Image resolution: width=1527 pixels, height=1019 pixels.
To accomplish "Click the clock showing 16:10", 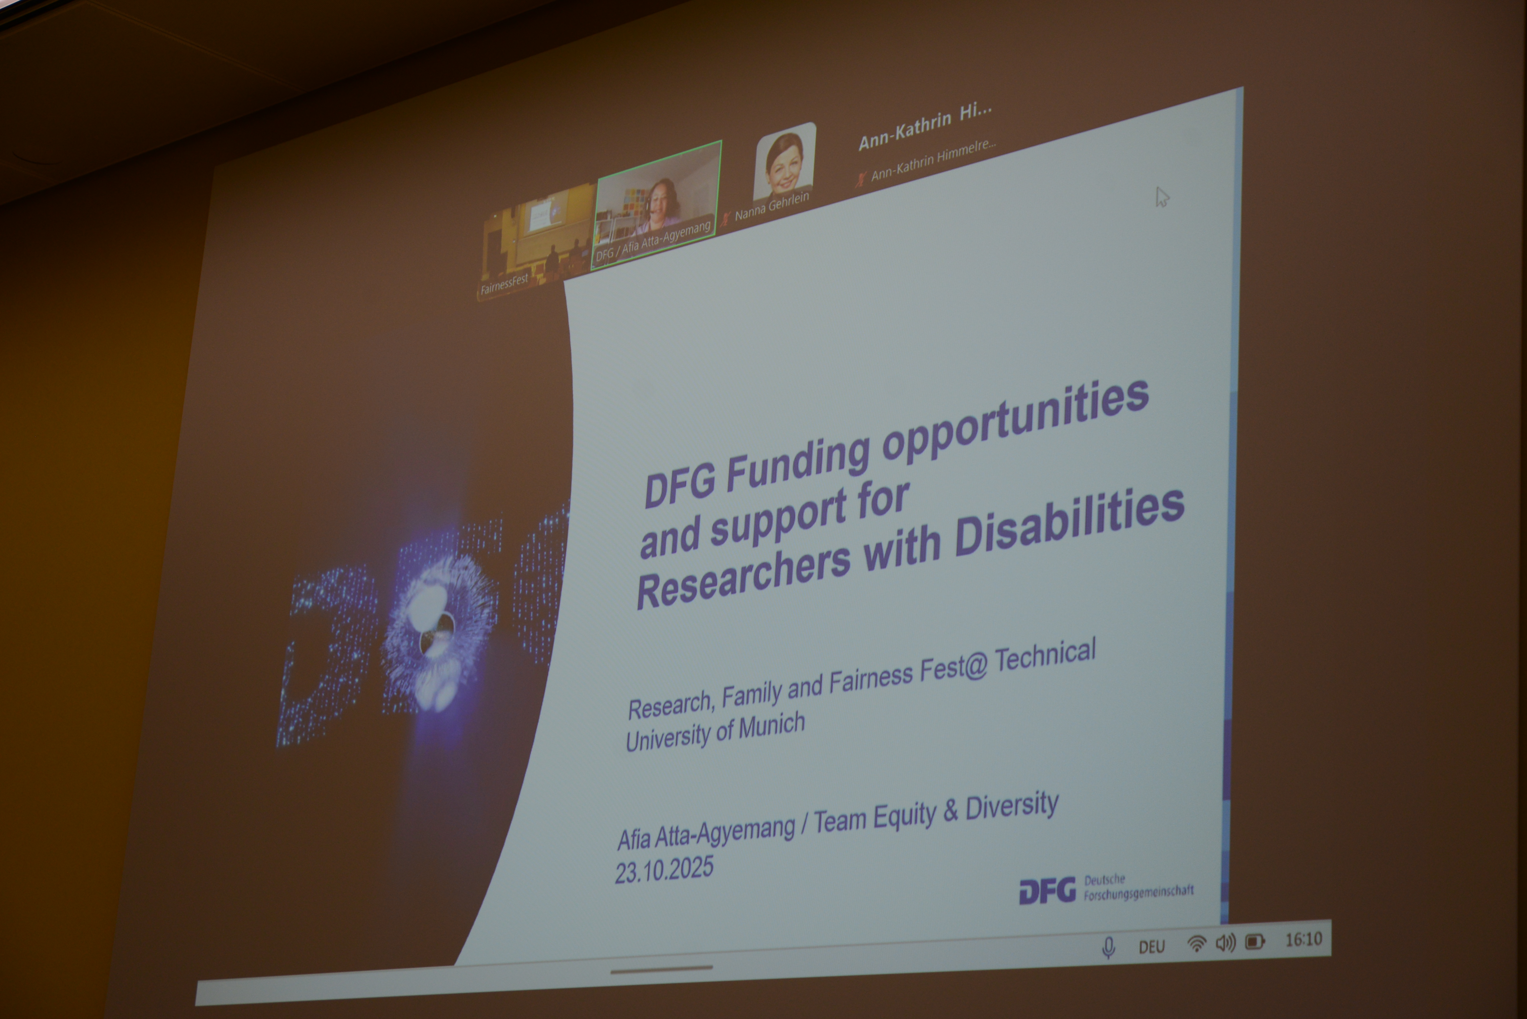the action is (x=1303, y=939).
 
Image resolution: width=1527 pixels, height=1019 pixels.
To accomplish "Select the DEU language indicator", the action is (x=1151, y=946).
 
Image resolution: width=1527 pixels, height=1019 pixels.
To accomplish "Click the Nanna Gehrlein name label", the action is (x=772, y=205).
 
